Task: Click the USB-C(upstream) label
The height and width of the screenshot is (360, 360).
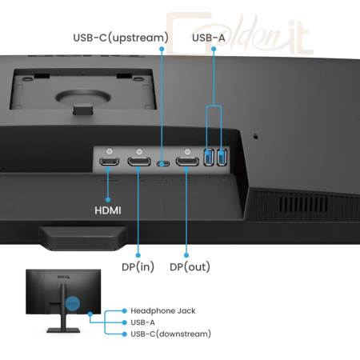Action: [x=121, y=38]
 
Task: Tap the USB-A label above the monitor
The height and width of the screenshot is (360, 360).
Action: [x=209, y=38]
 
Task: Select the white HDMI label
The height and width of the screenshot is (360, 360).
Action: [x=108, y=210]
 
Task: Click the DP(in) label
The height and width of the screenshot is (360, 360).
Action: [x=138, y=267]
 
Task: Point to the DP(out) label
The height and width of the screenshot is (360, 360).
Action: [x=190, y=267]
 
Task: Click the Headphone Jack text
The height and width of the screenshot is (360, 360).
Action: [x=163, y=310]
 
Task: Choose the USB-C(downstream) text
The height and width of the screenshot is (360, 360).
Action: [x=170, y=334]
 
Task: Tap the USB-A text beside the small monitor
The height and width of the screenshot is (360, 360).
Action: [x=142, y=322]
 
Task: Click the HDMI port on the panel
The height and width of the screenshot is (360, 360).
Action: [x=109, y=162]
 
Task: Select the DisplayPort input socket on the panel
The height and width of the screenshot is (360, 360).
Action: [x=139, y=162]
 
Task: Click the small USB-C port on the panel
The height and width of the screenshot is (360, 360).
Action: [x=163, y=163]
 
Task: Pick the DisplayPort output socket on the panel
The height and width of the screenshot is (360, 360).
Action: [x=187, y=162]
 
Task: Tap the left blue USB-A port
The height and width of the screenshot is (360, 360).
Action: [x=209, y=158]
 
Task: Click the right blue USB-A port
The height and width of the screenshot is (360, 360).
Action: [x=222, y=158]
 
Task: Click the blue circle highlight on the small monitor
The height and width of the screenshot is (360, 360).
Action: [x=73, y=303]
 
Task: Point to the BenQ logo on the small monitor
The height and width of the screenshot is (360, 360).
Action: [x=64, y=277]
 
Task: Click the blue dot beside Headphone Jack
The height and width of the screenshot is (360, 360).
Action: [x=124, y=310]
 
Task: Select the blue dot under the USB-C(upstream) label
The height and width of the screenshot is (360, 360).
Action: [x=162, y=49]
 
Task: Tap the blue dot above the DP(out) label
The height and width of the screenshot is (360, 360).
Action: [x=186, y=255]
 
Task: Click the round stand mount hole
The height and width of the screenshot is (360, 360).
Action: [x=83, y=97]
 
